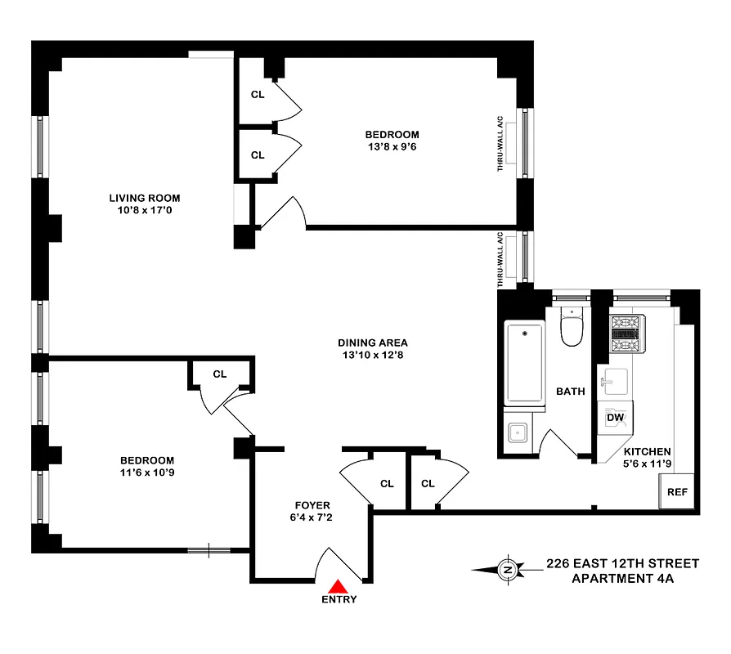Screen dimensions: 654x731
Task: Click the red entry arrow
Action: pos(338,585)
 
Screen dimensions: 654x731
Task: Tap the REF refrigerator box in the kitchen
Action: pos(676,492)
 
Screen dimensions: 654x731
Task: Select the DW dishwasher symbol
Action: pos(614,418)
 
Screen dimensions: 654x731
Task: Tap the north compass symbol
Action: pos(507,569)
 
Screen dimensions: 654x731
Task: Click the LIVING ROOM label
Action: pos(145,198)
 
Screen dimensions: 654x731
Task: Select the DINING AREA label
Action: pos(372,343)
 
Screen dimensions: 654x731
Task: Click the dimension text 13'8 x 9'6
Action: pos(392,147)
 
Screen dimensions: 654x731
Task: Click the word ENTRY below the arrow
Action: pos(339,599)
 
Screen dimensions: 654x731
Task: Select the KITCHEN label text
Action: pos(648,451)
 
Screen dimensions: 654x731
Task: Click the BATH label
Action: pos(570,391)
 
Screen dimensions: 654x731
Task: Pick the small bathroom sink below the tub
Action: pos(516,432)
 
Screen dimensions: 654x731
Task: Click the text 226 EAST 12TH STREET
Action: pos(622,563)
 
